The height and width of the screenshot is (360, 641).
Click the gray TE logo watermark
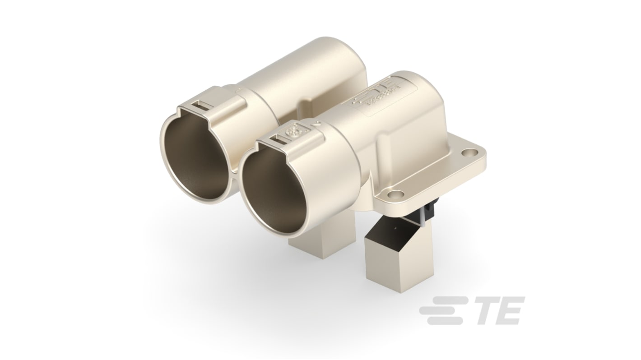tap(472, 310)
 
